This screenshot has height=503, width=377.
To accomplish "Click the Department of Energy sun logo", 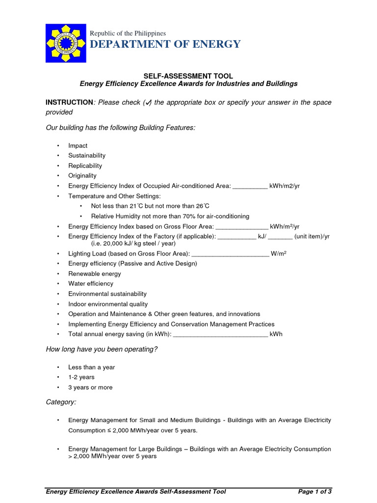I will point(65,43).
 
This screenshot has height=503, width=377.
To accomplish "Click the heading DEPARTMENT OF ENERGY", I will point(165,45).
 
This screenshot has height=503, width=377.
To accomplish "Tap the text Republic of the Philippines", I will point(128,33).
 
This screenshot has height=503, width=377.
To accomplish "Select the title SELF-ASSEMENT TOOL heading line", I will point(188,76).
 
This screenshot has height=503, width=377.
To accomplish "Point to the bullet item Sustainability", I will point(87,156).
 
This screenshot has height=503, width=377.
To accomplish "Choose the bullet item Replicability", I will point(85,166).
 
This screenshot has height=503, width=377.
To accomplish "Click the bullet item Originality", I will point(82,176).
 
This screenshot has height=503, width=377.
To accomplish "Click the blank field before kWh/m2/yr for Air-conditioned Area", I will point(249,186).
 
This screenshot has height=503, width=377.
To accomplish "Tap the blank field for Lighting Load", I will point(230,253).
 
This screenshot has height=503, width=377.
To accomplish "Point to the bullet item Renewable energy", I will point(95,274).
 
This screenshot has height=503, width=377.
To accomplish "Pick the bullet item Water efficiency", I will point(91,283).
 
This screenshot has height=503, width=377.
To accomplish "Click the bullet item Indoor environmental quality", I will point(108,304).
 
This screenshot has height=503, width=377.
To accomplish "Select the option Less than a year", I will point(92,367).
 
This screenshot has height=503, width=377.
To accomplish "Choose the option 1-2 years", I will point(81,377).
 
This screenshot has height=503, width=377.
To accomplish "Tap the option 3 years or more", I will point(90,388).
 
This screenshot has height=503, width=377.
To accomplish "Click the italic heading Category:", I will point(61,402).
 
